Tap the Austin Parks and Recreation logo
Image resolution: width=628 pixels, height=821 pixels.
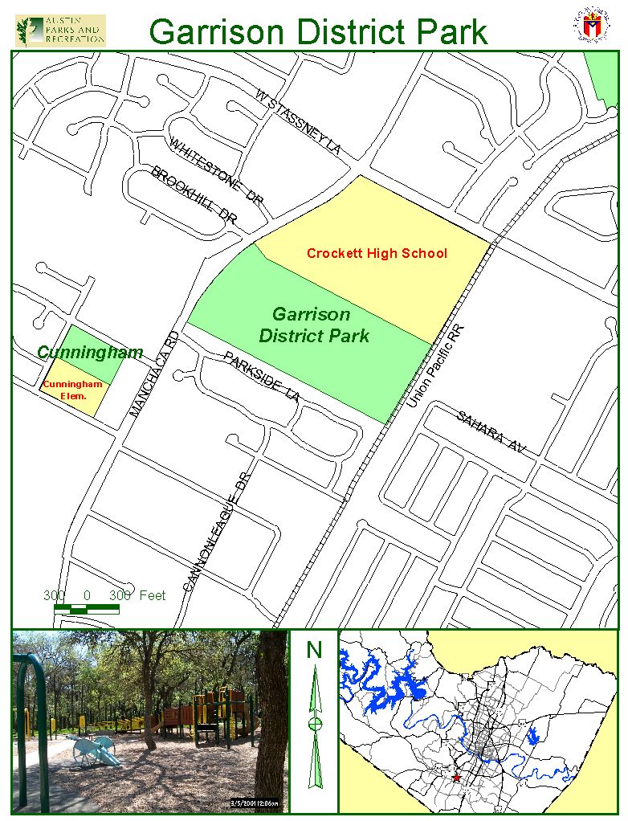point(60,30)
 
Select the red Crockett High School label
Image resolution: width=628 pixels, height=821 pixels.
point(377,254)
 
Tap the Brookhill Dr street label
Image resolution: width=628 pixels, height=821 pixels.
point(195,195)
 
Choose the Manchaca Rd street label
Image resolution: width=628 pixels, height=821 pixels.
point(155,374)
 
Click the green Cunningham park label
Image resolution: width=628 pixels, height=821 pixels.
point(90,353)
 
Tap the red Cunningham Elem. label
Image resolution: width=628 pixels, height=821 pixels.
point(72,390)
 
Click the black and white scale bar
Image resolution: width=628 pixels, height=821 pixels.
point(86,610)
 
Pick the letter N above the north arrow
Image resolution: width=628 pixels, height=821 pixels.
point(314,649)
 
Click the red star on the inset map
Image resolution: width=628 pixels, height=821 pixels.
point(457,778)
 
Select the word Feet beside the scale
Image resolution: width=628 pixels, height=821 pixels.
point(152,595)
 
